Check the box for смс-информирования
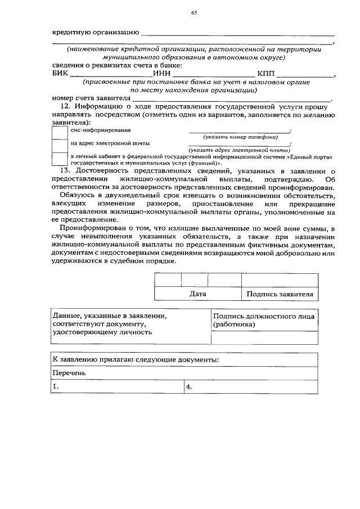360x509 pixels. (x=60, y=132)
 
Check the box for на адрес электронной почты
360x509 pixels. (x=60, y=146)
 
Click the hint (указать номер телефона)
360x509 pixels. (x=240, y=137)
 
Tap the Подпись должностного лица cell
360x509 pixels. (x=264, y=320)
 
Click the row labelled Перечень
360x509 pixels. (x=69, y=373)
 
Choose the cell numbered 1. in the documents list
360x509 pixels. (x=116, y=387)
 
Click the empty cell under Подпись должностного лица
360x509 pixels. (x=264, y=337)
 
